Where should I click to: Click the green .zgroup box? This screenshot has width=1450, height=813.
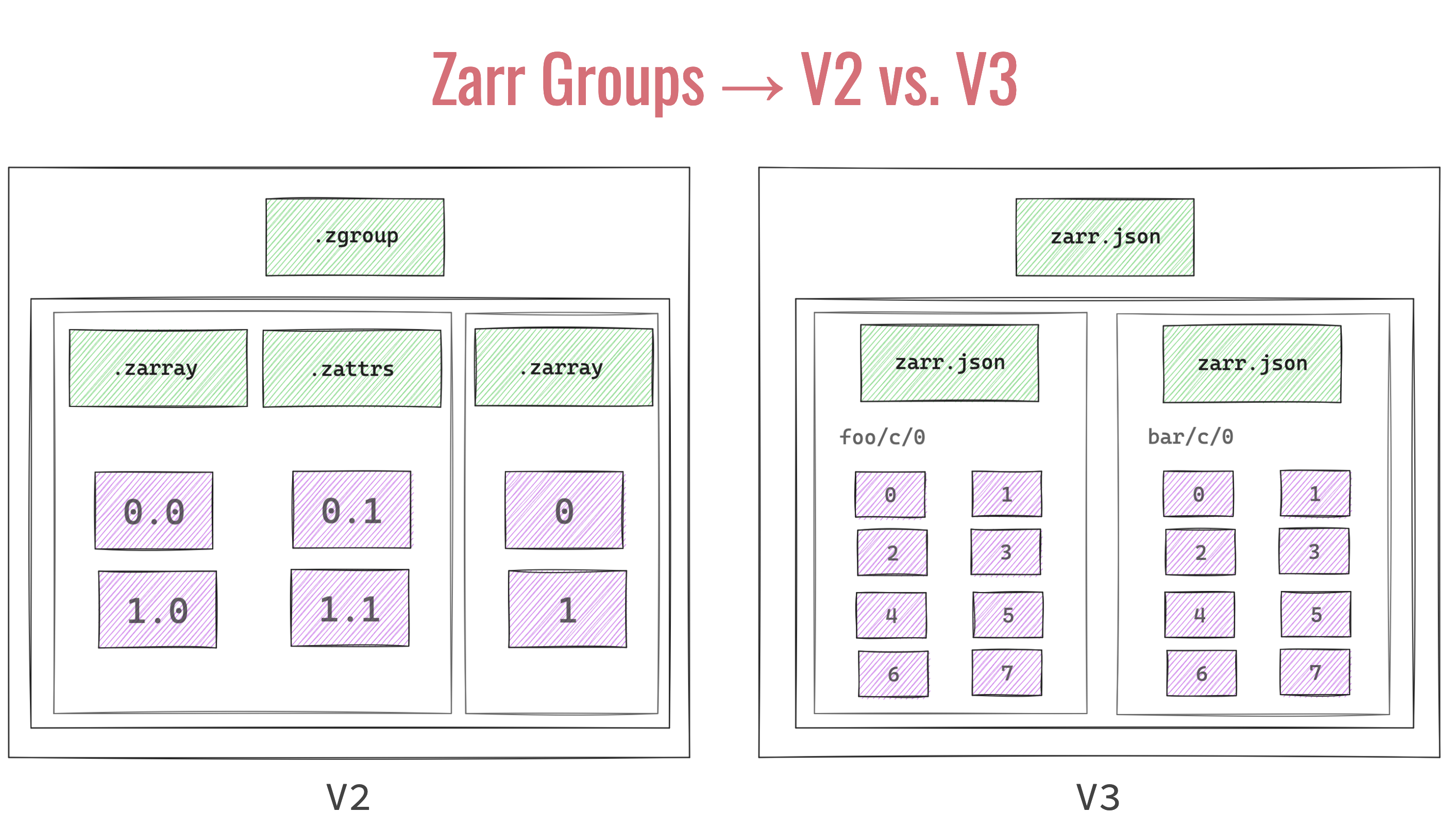pyautogui.click(x=355, y=237)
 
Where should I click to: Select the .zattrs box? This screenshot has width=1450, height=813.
pyautogui.click(x=352, y=368)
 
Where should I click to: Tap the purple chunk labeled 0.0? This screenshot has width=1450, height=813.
pyautogui.click(x=154, y=510)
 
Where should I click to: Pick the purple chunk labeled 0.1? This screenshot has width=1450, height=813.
pyautogui.click(x=352, y=510)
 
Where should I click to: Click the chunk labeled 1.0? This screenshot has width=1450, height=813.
pyautogui.click(x=157, y=609)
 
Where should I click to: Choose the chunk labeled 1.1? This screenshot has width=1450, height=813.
pyautogui.click(x=349, y=608)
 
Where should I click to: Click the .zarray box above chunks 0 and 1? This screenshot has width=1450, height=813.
pyautogui.click(x=563, y=367)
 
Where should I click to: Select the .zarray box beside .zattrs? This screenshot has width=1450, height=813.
pyautogui.click(x=158, y=368)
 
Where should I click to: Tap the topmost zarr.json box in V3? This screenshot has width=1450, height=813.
pyautogui.click(x=1104, y=237)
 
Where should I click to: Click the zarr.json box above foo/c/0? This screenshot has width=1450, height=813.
pyautogui.click(x=949, y=363)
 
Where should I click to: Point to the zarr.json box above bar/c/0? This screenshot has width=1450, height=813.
pyautogui.click(x=1252, y=363)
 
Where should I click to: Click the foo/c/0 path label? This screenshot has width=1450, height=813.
pyautogui.click(x=882, y=437)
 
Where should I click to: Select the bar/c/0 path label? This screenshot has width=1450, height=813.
pyautogui.click(x=1190, y=436)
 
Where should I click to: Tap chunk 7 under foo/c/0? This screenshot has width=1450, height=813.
pyautogui.click(x=1006, y=673)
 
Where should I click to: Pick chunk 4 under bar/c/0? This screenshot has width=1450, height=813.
pyautogui.click(x=1199, y=615)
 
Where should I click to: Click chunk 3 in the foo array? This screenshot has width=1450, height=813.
pyautogui.click(x=1005, y=552)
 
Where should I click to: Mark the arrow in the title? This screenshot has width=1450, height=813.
pyautogui.click(x=752, y=88)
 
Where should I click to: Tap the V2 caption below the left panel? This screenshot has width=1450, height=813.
pyautogui.click(x=348, y=797)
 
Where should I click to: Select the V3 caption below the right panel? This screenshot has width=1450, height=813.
pyautogui.click(x=1098, y=797)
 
